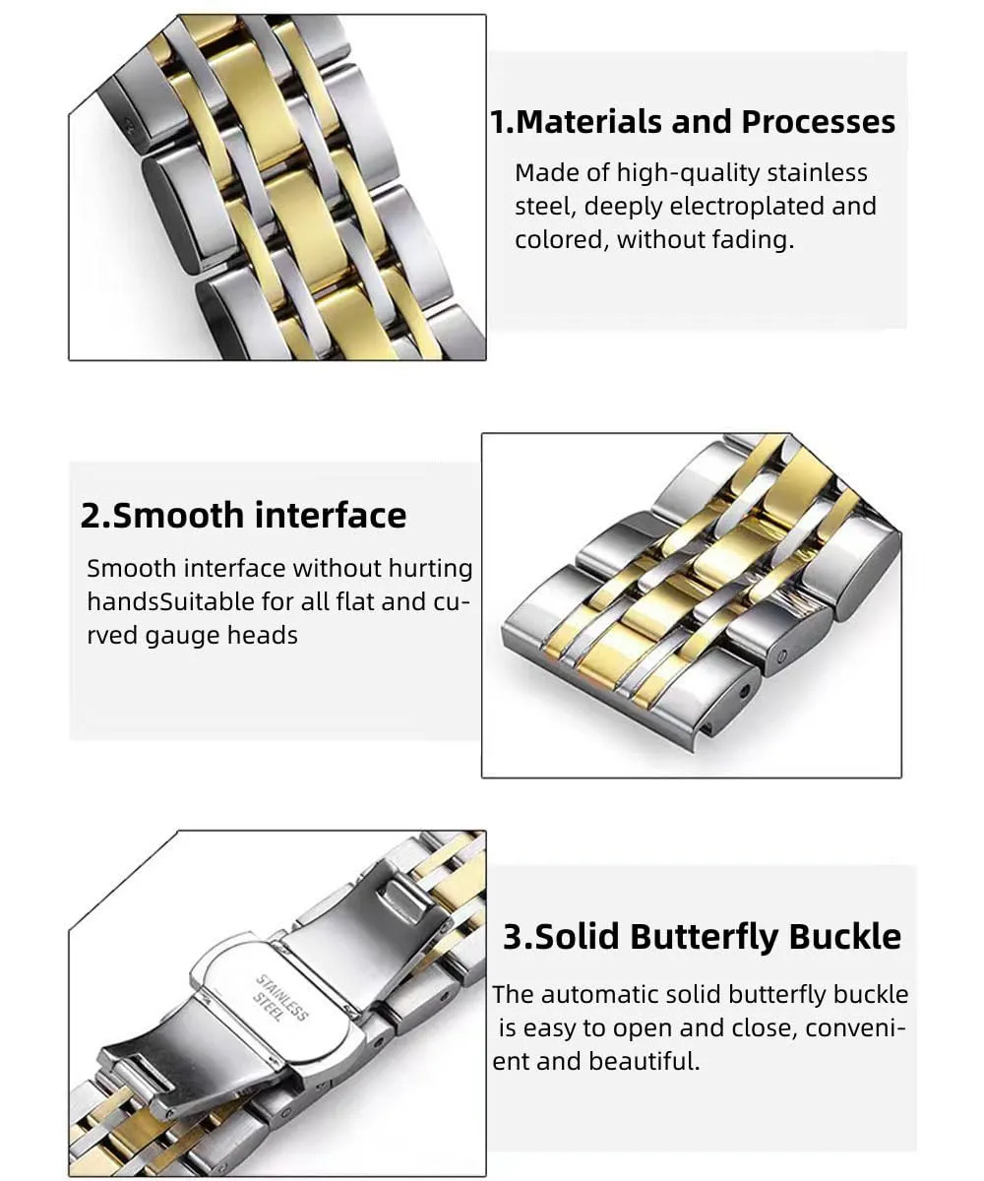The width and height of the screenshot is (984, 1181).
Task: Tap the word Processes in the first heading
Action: [818, 122]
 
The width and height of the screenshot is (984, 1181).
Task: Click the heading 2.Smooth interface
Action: [243, 516]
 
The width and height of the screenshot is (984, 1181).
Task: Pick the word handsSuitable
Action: [171, 601]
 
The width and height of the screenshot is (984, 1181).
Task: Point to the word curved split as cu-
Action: [452, 602]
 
